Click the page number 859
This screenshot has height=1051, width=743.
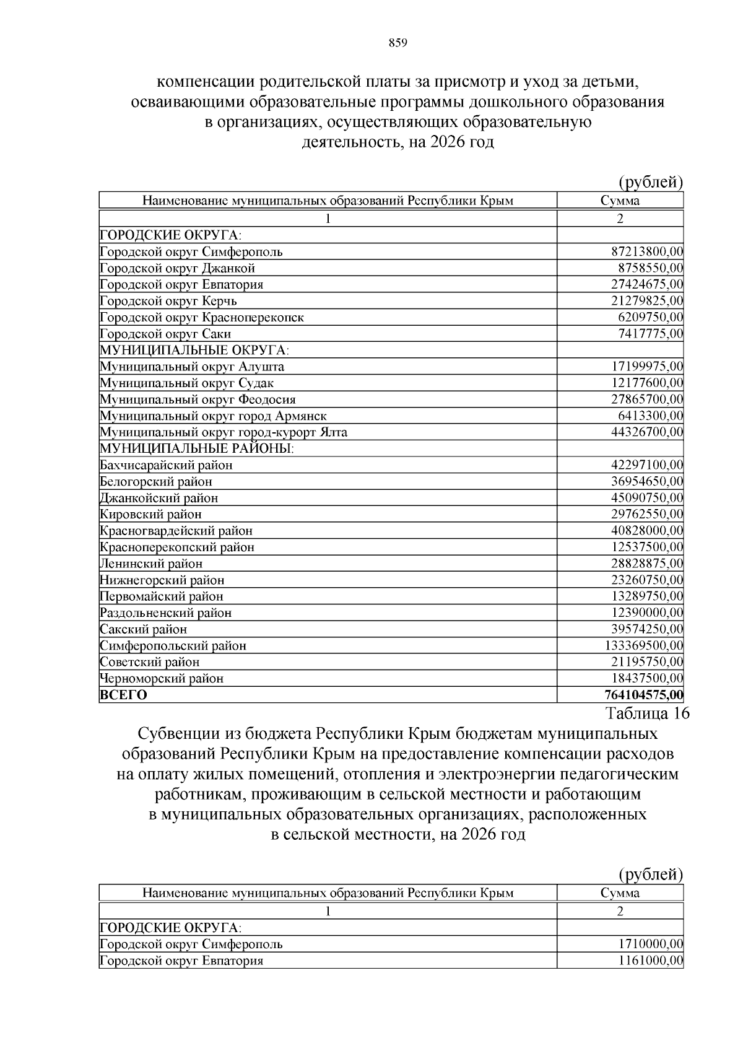398,43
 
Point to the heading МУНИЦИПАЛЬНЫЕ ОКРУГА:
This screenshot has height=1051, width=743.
194,350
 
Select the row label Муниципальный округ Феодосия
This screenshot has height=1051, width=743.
198,399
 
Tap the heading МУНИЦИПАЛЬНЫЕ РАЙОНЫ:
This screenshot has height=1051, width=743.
197,448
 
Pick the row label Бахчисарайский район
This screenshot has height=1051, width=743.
166,465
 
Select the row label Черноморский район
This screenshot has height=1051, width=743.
162,678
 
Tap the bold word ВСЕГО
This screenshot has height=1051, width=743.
123,695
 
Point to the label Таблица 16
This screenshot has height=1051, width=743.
647,713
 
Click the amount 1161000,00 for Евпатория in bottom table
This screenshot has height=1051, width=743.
650,961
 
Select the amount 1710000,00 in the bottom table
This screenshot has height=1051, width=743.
650,944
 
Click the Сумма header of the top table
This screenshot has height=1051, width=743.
620,200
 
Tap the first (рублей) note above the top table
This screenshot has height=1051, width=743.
651,182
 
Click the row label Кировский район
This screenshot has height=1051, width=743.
150,514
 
